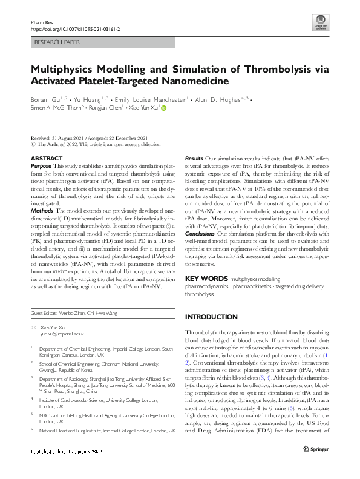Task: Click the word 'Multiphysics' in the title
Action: coord(66,68)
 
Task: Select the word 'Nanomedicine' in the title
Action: coord(191,81)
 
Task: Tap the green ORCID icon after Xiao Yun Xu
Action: coord(163,108)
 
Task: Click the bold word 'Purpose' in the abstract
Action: coord(41,165)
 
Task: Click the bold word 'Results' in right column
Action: coord(194,158)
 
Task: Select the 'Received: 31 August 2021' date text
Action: coord(59,139)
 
